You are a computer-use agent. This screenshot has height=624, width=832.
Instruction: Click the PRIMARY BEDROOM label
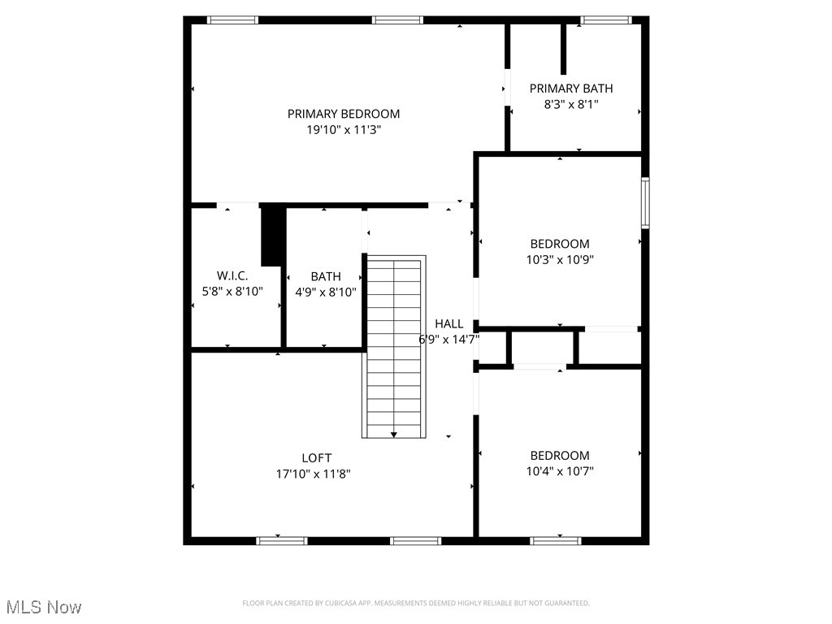pos(344,114)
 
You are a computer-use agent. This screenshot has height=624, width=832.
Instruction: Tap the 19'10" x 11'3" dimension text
pos(344,129)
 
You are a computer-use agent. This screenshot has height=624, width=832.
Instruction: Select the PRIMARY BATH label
pos(571,89)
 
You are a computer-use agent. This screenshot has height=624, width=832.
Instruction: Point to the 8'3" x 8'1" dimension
pos(571,104)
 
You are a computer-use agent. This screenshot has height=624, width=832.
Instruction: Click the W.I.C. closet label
pos(232,276)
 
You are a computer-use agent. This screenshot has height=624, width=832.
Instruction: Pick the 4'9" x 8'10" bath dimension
pos(325,292)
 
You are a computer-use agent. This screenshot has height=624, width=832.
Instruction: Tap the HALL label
pos(449,323)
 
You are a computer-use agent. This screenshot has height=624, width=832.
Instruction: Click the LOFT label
pos(316,457)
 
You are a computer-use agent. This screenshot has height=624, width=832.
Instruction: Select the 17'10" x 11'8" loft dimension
pos(314,473)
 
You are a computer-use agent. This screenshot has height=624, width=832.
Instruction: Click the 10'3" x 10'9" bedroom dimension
pos(560,259)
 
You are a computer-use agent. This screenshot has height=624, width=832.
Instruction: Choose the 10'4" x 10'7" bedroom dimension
pos(560,471)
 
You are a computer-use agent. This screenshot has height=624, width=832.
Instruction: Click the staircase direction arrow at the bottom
pos(394,435)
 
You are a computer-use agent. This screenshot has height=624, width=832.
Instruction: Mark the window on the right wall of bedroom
pos(645,202)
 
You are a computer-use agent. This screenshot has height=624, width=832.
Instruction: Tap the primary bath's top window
pos(606,20)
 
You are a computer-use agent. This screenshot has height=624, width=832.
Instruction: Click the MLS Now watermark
pos(44,607)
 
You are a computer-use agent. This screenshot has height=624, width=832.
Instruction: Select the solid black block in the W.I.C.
pos(271,236)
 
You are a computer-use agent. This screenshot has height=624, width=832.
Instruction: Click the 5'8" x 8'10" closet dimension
pos(232,292)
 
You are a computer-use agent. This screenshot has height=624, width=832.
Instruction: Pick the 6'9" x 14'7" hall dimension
pos(448,340)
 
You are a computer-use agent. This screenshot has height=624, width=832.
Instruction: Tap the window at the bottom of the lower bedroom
pos(556,540)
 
